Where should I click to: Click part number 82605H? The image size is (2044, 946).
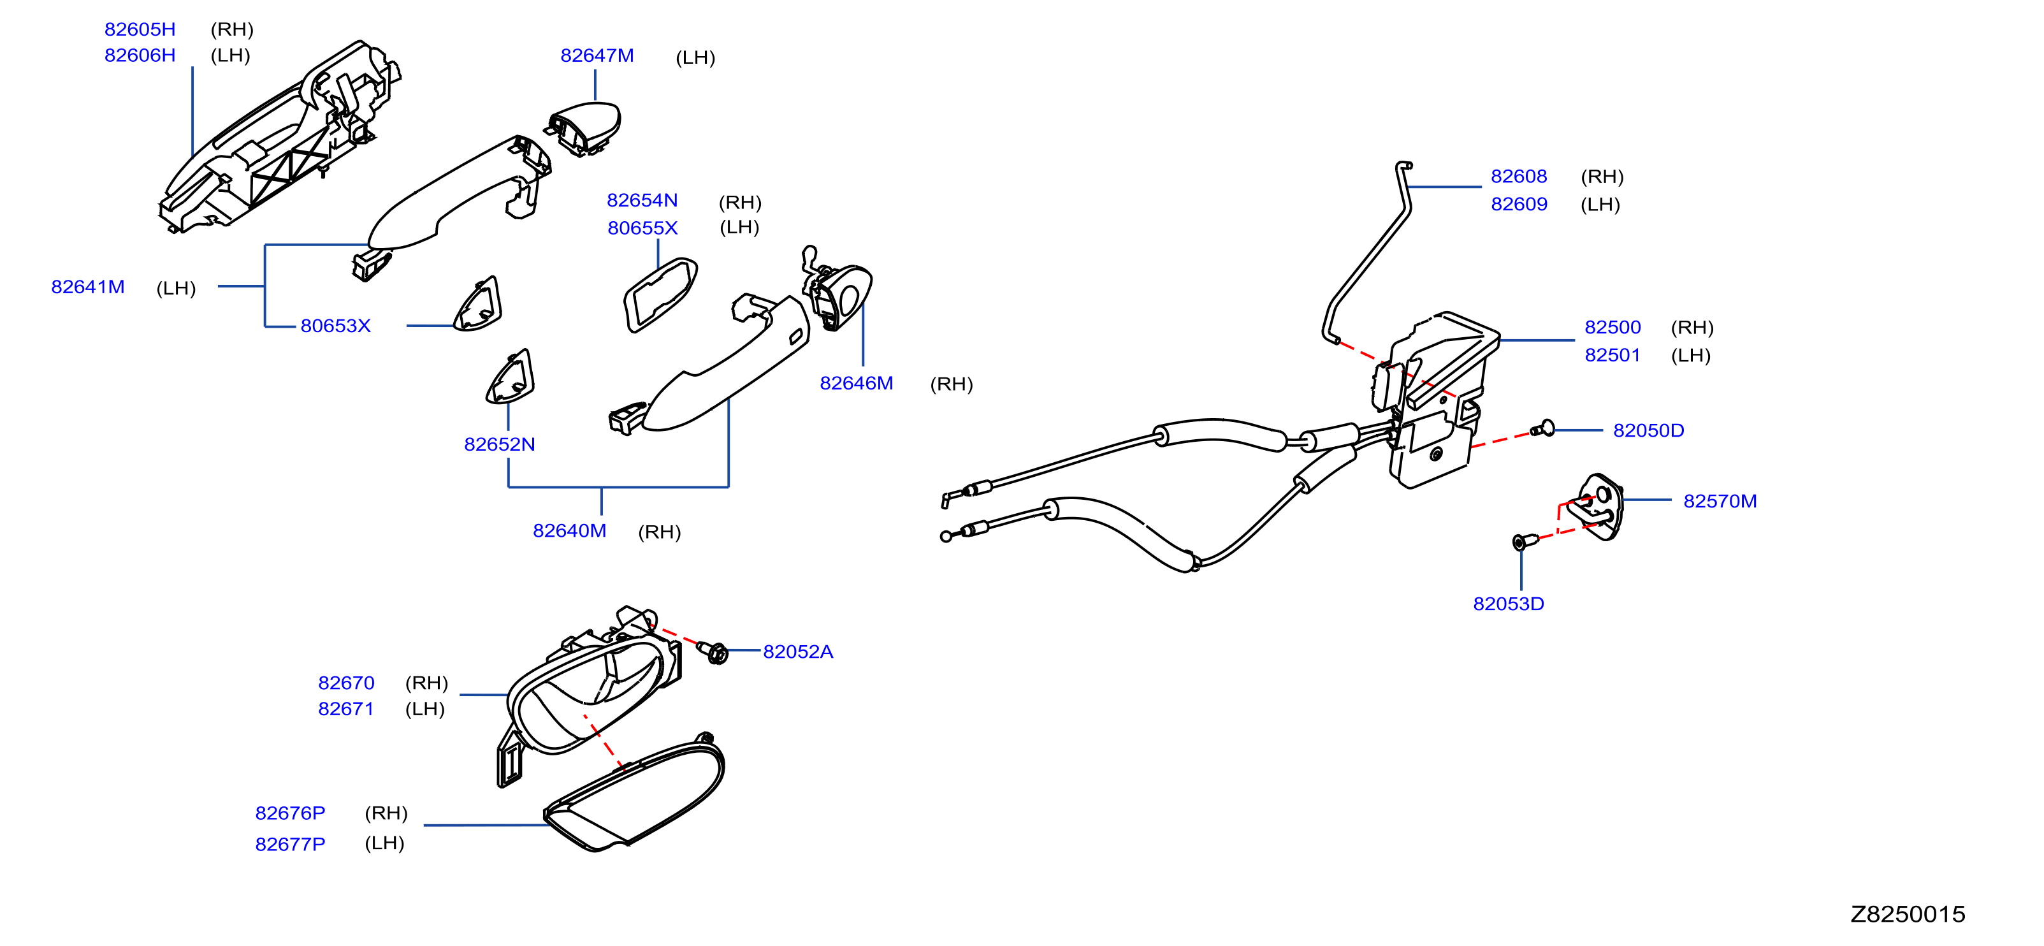point(140,29)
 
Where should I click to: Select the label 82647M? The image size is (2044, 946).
point(597,55)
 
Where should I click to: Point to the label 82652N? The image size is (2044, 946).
point(499,444)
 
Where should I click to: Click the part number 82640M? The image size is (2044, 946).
point(569,531)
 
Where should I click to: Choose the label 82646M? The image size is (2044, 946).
point(856,383)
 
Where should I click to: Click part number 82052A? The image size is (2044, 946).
point(797,651)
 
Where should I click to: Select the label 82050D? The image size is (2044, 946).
point(1648,430)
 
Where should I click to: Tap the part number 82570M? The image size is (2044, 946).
point(1720,502)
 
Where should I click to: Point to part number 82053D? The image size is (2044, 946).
point(1507,604)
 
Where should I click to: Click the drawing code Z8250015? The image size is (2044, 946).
point(1908,914)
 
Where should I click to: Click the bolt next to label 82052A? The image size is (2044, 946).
point(714,652)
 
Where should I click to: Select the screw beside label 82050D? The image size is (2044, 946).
point(1543,430)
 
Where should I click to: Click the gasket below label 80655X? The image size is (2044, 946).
point(660,295)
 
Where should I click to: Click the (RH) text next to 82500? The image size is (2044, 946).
point(1692,328)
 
